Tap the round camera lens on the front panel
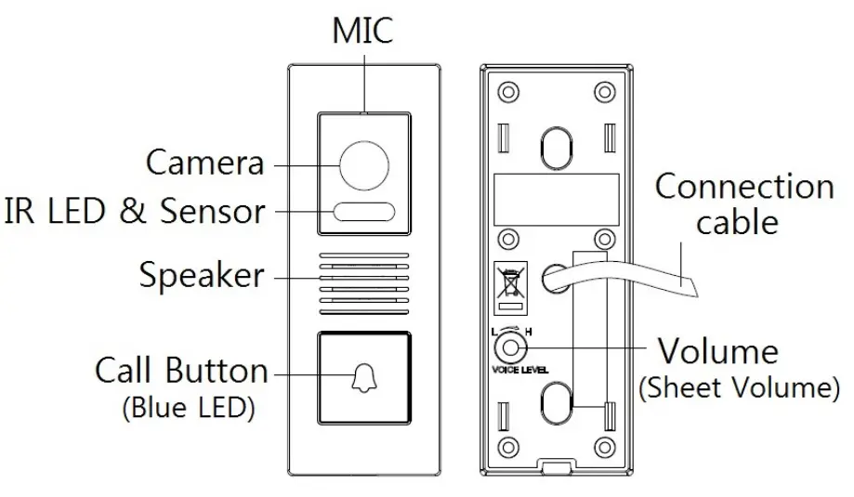click(x=364, y=166)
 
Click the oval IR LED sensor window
click(x=364, y=213)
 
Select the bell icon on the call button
click(x=364, y=377)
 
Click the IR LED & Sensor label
click(x=134, y=211)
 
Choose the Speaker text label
click(x=201, y=275)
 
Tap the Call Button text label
click(x=181, y=371)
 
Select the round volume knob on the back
click(x=507, y=347)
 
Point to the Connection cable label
click(x=743, y=203)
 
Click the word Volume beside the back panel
click(x=717, y=351)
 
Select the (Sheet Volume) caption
click(x=738, y=388)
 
